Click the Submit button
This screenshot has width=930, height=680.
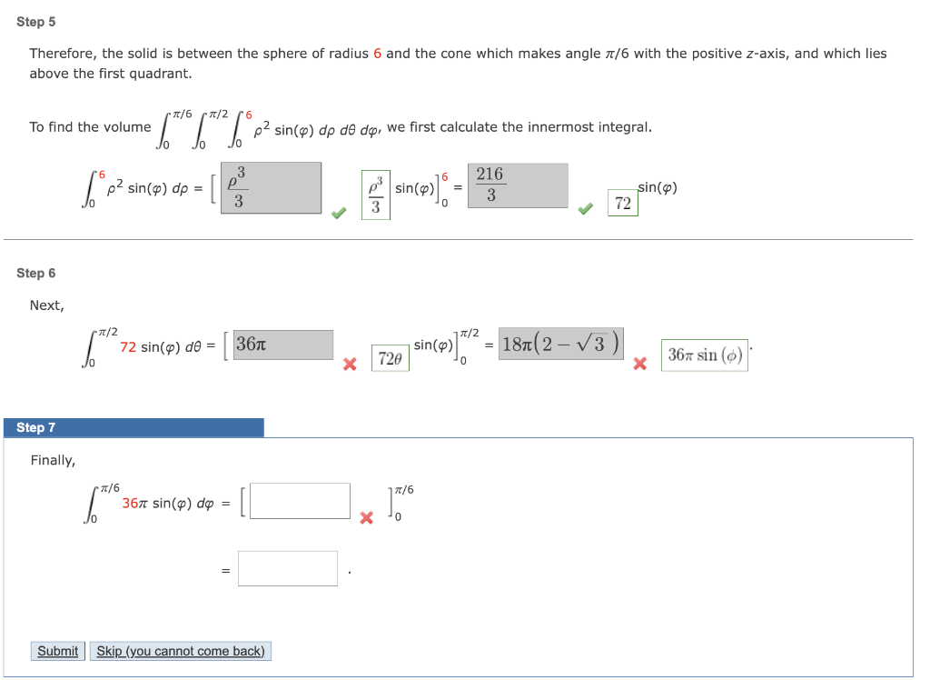(x=58, y=651)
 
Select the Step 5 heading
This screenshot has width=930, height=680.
(x=36, y=22)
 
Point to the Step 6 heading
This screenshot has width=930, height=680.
(x=36, y=273)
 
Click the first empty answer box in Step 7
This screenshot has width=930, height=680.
(x=300, y=501)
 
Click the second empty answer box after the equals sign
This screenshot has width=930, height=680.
(x=288, y=568)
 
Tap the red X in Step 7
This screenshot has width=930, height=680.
(x=366, y=518)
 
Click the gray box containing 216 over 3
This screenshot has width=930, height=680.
(x=518, y=185)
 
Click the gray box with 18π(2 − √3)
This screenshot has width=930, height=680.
(x=560, y=344)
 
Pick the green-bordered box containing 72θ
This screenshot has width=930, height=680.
(x=390, y=359)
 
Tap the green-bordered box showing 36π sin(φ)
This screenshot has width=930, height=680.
(x=705, y=355)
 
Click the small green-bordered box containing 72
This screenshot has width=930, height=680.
(x=623, y=204)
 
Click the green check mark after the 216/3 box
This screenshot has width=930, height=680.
(x=587, y=210)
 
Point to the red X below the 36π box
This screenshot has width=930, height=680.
(x=348, y=364)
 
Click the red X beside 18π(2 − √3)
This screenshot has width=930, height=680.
(x=639, y=364)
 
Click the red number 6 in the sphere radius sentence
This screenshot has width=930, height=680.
(x=377, y=54)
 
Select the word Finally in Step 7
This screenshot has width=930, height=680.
(x=53, y=460)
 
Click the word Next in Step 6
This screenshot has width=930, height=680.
(x=47, y=305)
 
